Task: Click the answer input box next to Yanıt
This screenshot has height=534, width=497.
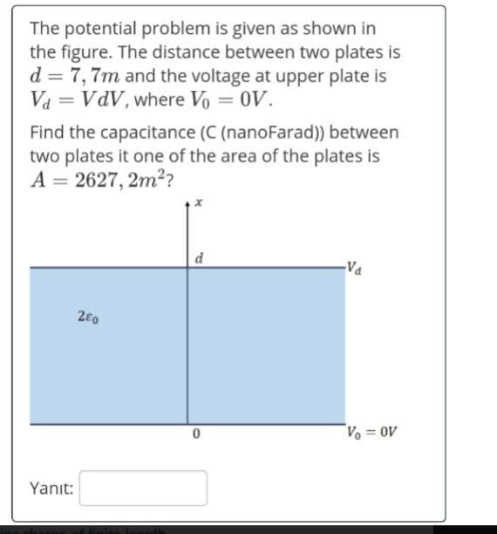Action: pos(143,488)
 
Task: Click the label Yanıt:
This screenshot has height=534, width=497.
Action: pos(52,488)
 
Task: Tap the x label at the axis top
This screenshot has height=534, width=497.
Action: pos(199,202)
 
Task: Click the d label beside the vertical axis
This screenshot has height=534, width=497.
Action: pos(200,258)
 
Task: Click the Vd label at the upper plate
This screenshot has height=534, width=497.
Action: pos(353,266)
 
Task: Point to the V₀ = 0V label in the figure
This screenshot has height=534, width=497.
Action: pos(372,432)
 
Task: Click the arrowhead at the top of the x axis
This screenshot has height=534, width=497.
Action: pos(187,207)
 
